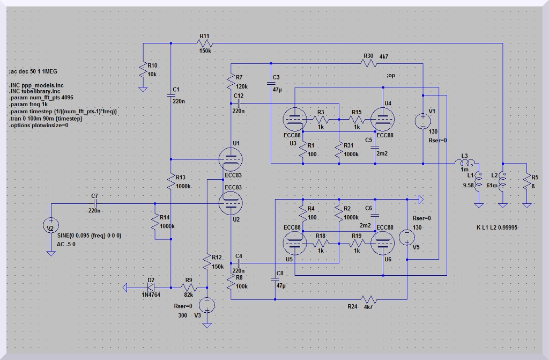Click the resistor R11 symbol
[x=205, y=43]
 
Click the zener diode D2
[x=151, y=288]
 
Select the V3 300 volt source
[x=207, y=305]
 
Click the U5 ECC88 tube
[x=294, y=243]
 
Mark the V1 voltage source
[x=422, y=119]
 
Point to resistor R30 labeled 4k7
[x=368, y=63]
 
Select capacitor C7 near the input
[x=95, y=203]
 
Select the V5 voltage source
[x=407, y=236]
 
